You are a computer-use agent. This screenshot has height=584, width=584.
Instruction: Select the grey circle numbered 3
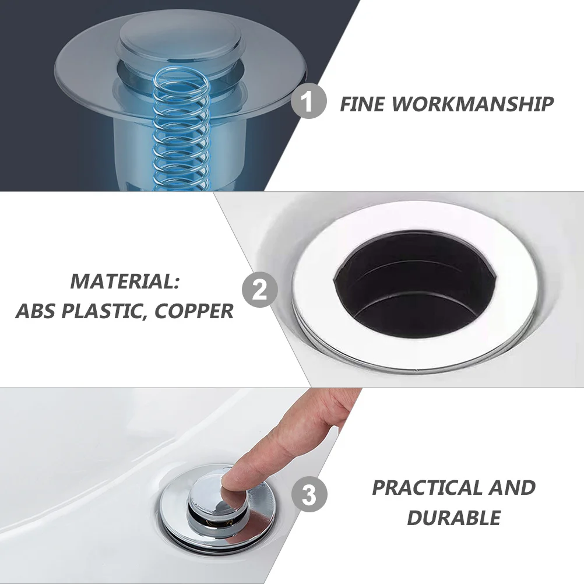pos(309,496)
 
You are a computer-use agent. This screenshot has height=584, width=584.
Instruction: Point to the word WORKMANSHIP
pos(472,104)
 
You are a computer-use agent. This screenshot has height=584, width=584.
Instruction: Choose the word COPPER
pos(194,311)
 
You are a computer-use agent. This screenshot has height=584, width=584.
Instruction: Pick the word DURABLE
pos(453,518)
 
